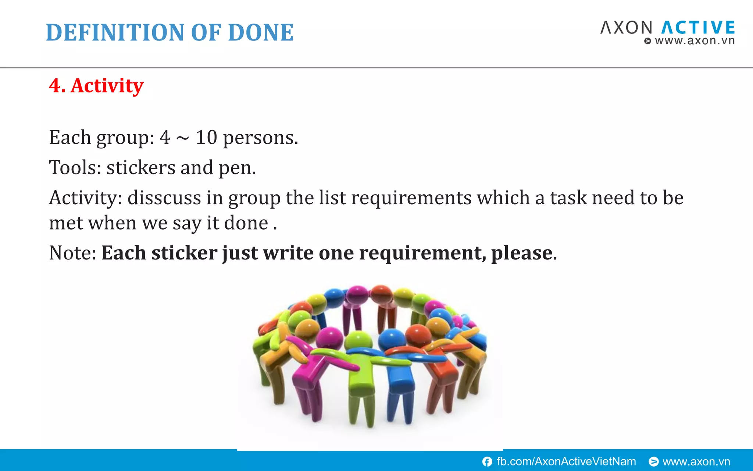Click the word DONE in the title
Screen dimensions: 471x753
click(x=261, y=33)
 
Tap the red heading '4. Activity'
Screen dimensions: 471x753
click(x=96, y=86)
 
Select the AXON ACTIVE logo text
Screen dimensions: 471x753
click(x=667, y=28)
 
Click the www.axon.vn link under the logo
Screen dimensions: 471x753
click(x=694, y=41)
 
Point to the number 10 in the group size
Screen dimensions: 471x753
click(x=206, y=138)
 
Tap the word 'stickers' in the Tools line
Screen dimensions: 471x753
click(x=141, y=168)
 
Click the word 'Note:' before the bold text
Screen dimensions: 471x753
click(x=73, y=253)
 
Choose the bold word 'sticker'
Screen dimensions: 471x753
click(x=184, y=253)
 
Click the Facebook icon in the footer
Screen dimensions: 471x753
click(x=487, y=462)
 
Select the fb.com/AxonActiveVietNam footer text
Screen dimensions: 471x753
click(x=566, y=461)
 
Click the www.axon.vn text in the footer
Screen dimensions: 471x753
click(x=696, y=461)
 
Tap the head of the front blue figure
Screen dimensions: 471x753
click(x=392, y=338)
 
